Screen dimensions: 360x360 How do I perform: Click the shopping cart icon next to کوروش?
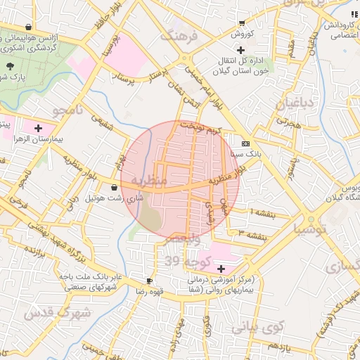[242, 23]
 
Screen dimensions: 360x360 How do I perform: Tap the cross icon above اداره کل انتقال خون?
[241, 50]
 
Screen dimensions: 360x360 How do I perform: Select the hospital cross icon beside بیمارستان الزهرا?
[37, 129]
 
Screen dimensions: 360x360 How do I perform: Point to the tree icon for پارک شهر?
[10, 66]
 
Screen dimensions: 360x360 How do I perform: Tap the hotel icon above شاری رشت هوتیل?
[115, 188]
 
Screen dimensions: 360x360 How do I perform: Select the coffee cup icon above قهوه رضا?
[148, 281]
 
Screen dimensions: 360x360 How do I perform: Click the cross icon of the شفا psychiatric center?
[221, 268]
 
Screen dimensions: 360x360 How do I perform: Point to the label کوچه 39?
[182, 262]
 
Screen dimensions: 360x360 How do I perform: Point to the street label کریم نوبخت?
[202, 127]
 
